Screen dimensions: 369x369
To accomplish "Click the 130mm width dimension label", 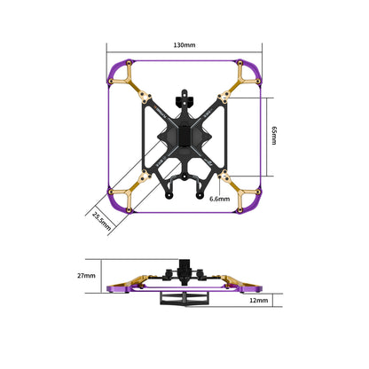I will click(x=184, y=44).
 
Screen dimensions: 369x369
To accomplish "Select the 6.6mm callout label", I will click(x=219, y=200).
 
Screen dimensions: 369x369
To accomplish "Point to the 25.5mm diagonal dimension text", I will click(x=101, y=220).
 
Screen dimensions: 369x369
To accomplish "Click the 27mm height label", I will click(x=86, y=276).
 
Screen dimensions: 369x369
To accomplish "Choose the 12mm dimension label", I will click(x=259, y=302).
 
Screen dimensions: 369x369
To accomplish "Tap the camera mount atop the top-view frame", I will click(x=184, y=94).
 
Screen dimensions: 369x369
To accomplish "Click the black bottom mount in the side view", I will click(x=184, y=300).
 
